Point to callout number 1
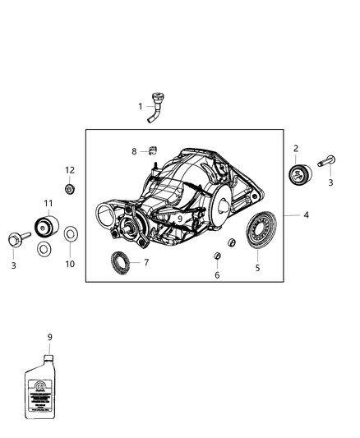pyautogui.click(x=140, y=106)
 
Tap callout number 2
pyautogui.click(x=296, y=150)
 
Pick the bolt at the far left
pyautogui.click(x=16, y=240)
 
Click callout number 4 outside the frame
pyautogui.click(x=306, y=215)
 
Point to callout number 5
pyautogui.click(x=256, y=267)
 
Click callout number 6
pyautogui.click(x=217, y=276)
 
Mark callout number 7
pyautogui.click(x=145, y=263)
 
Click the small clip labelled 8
pyautogui.click(x=151, y=150)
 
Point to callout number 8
pyautogui.click(x=134, y=151)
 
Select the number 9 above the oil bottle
pyautogui.click(x=49, y=337)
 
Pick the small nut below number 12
pyautogui.click(x=70, y=190)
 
